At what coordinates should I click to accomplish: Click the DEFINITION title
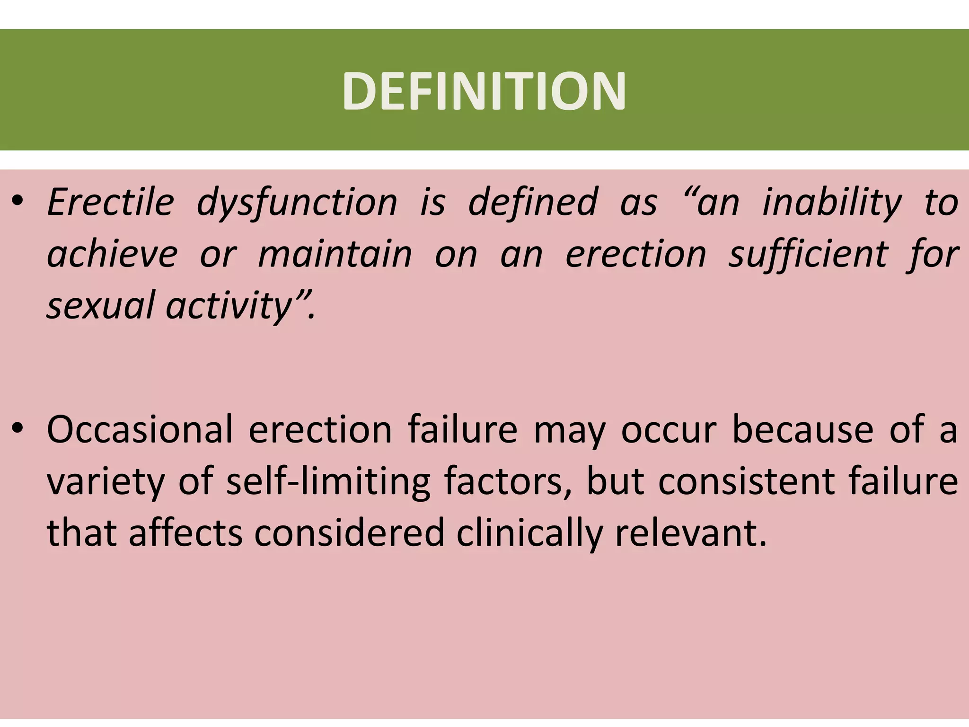(x=484, y=91)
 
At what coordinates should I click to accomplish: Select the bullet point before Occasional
(x=18, y=429)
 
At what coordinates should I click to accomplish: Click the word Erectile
(x=111, y=202)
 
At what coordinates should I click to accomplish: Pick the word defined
(x=533, y=202)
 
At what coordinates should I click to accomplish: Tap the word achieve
(x=112, y=254)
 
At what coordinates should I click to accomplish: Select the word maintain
(x=335, y=254)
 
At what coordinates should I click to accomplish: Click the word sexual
(x=101, y=305)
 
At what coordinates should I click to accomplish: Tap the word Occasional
(x=140, y=429)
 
